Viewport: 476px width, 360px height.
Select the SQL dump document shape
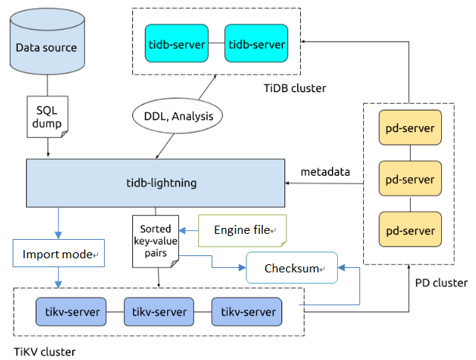pyautogui.click(x=47, y=116)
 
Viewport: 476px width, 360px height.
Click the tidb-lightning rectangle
pyautogui.click(x=156, y=183)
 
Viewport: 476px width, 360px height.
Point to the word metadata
pyautogui.click(x=325, y=172)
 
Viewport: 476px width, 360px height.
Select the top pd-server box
pyautogui.click(x=410, y=128)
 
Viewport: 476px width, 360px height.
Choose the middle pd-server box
pyautogui.click(x=410, y=180)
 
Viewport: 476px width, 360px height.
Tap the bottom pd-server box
pyautogui.click(x=410, y=230)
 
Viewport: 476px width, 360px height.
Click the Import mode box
pyautogui.click(x=57, y=255)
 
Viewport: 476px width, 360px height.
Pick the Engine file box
pyautogui.click(x=242, y=231)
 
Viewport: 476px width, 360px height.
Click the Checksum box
pyautogui.click(x=291, y=268)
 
